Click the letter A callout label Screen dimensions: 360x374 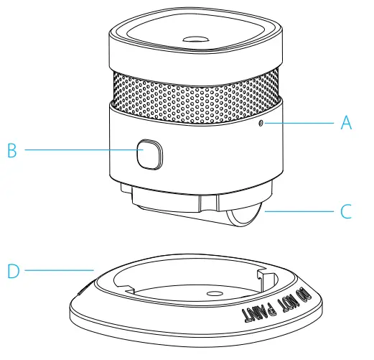(x=346, y=123)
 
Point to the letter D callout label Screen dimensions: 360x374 (x=12, y=271)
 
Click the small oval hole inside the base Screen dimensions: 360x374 (x=213, y=295)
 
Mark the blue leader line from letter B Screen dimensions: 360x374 (x=79, y=150)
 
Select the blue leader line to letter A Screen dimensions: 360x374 (x=301, y=123)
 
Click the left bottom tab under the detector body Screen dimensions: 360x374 (x=128, y=194)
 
